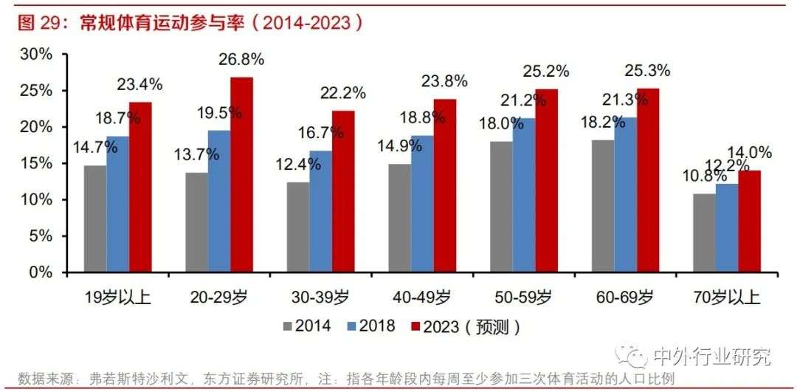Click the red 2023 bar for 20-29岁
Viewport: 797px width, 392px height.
[241, 175]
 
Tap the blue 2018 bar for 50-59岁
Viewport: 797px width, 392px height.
[524, 196]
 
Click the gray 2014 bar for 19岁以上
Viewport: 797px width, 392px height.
[94, 219]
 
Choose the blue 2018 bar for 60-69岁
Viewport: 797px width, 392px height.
[625, 195]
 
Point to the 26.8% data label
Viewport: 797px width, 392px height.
[241, 59]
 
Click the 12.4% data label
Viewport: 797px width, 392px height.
[299, 164]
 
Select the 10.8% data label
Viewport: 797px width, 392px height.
[703, 178]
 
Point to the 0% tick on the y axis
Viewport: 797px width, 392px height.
[41, 272]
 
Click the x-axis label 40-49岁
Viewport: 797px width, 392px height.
[421, 298]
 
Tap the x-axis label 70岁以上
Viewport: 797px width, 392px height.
[727, 298]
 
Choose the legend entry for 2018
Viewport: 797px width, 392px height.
[371, 326]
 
